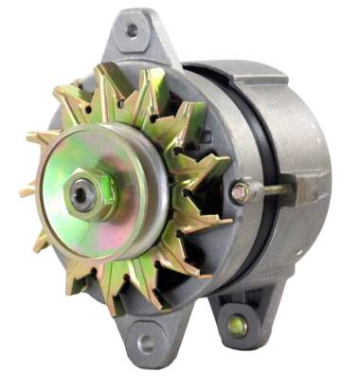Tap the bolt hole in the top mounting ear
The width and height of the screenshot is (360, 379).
[131, 30]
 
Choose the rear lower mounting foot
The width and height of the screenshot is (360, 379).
[237, 317]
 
